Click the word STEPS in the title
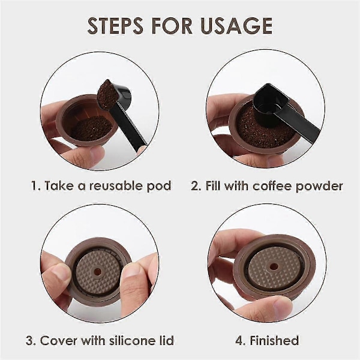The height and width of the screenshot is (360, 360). pos(115,25)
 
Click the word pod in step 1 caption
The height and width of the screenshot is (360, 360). pos(159,186)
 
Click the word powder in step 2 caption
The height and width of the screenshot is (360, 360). pos(319,186)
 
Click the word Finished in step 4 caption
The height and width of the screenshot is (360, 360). pos(274,340)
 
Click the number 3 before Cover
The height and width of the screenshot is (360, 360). pos(29,340)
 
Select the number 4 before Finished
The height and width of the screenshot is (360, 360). pos(239,340)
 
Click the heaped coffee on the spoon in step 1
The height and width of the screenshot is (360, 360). pos(106,94)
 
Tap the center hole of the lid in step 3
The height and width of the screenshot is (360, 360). pos(98,272)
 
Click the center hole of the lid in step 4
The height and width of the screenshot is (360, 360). pos(273,267)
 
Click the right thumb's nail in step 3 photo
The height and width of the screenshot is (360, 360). pos(133,272)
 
